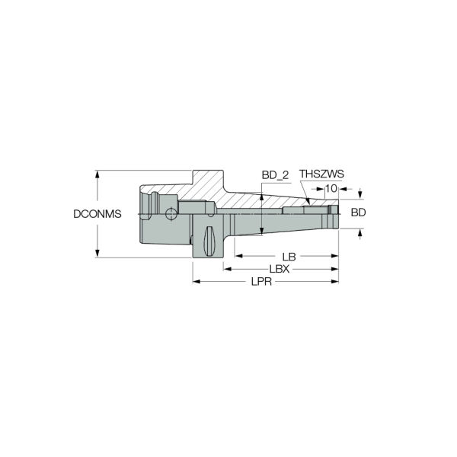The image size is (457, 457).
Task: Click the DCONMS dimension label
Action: [97, 214]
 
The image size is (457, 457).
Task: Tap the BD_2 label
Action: [275, 175]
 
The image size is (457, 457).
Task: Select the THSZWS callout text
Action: [321, 174]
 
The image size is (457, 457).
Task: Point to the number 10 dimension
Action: [331, 189]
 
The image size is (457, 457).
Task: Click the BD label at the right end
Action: [358, 213]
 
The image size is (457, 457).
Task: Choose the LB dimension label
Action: [289, 257]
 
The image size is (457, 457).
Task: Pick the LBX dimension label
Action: [280, 269]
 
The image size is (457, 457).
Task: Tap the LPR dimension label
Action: [261, 282]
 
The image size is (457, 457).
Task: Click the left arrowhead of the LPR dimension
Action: [197, 282]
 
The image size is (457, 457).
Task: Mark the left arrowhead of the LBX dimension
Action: [227, 269]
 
